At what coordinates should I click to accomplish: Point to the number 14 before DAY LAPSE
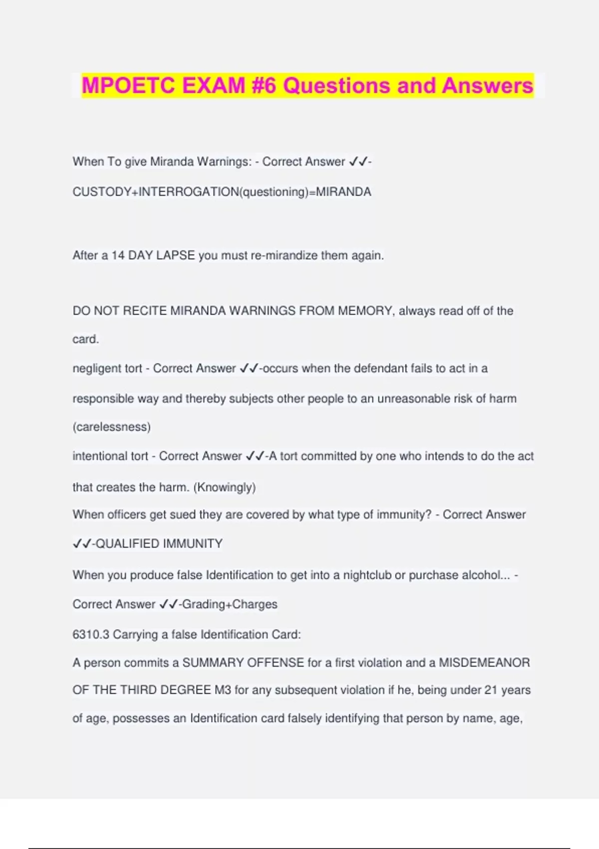point(118,255)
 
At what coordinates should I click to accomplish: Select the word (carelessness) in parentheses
point(112,427)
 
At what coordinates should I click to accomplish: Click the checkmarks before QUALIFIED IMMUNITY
point(82,543)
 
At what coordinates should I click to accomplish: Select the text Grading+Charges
point(230,604)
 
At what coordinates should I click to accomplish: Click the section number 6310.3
point(91,634)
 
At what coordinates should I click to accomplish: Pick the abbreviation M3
point(223,690)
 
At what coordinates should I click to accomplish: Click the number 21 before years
point(491,690)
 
